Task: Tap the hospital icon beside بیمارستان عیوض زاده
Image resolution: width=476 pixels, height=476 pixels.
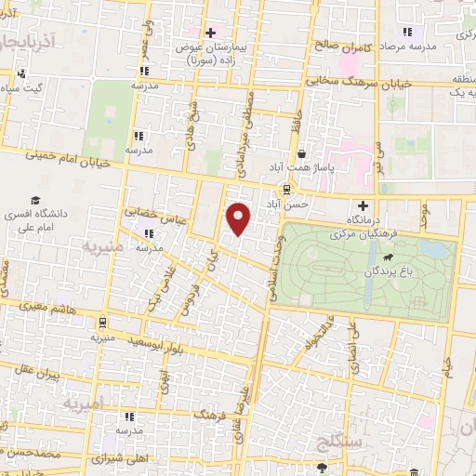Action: pos(211,33)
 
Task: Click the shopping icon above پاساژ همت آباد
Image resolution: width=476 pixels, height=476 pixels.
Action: pos(301,153)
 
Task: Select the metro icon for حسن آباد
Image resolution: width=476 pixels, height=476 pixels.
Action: pos(286,188)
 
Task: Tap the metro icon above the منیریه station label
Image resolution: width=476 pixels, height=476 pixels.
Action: pos(100,323)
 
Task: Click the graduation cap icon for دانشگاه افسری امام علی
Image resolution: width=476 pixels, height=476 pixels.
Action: pos(35,200)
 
